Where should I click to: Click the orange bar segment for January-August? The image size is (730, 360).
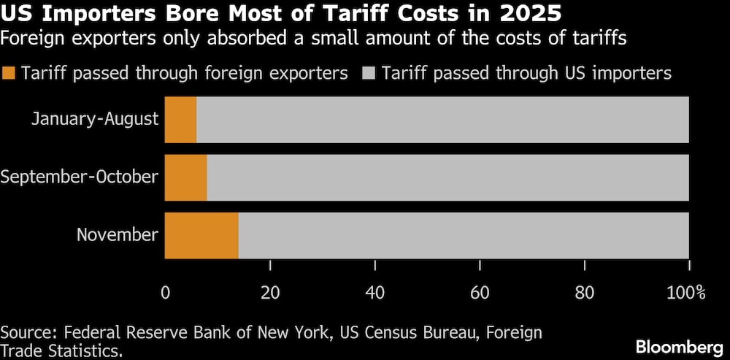(180, 120)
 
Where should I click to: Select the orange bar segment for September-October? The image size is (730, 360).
(185, 177)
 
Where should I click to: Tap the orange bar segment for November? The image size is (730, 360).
(201, 235)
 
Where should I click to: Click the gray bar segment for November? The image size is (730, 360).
(464, 235)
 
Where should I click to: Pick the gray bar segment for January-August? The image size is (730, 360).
(442, 120)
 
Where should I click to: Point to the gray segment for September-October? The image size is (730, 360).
(447, 177)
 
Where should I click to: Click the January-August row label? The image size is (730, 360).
(95, 119)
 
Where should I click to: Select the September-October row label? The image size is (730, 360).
(80, 177)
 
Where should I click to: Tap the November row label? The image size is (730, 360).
(118, 234)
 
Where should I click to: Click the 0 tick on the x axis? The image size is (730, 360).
(166, 293)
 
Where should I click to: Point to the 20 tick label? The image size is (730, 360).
(270, 293)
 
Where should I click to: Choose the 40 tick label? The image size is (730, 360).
(375, 293)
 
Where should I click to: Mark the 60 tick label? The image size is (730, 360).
(480, 293)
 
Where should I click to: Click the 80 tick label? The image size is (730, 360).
(584, 293)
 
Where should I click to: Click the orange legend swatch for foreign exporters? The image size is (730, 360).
(9, 73)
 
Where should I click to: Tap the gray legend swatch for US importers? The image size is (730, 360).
(369, 73)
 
